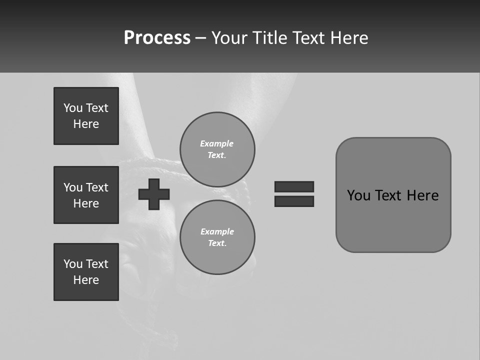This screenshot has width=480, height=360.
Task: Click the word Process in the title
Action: [x=157, y=38]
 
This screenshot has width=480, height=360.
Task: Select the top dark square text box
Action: [x=86, y=116]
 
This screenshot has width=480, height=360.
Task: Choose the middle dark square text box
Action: [x=86, y=195]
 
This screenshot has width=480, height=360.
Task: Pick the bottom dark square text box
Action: [x=86, y=272]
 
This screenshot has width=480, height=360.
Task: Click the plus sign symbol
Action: [x=154, y=194]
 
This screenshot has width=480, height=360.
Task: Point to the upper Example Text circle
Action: [x=217, y=149]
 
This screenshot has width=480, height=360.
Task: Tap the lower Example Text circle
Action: [x=217, y=237]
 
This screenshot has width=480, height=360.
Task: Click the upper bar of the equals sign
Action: [x=294, y=186]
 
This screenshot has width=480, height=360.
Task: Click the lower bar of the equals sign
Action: [x=294, y=201]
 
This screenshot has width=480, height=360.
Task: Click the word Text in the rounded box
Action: [x=389, y=195]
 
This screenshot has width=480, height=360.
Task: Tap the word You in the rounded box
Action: [x=359, y=195]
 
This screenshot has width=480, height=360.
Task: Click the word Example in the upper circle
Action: [x=217, y=143]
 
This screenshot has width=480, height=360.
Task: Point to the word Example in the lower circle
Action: [x=217, y=231]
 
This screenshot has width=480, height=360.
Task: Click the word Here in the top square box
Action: [x=86, y=124]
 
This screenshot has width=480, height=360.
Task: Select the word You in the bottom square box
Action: [x=73, y=264]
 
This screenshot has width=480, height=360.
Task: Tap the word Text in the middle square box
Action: [x=97, y=187]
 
